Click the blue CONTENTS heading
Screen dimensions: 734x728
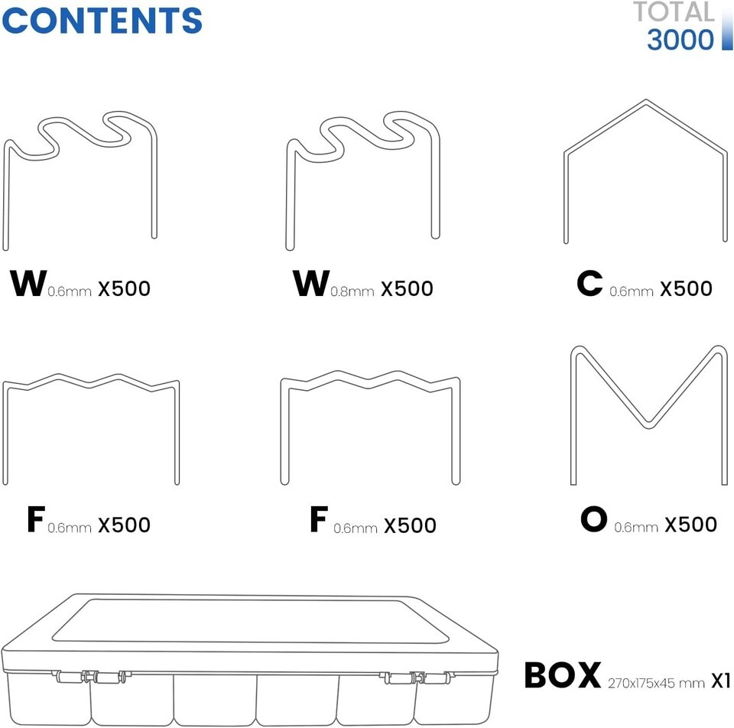[x=102, y=21]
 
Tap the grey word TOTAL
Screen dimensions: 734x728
[x=674, y=11]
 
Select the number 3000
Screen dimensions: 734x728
[x=680, y=40]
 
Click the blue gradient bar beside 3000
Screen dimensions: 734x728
[x=727, y=30]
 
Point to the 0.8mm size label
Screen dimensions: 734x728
[x=352, y=291]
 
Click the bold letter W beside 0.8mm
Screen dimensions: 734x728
[x=311, y=284]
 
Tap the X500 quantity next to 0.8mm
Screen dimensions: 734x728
[x=407, y=288]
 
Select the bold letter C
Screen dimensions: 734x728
[x=589, y=284]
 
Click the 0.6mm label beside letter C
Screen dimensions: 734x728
[x=631, y=291]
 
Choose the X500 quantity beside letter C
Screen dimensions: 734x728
[x=687, y=288]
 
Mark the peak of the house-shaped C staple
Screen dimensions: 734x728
[x=647, y=100]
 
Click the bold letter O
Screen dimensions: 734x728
[x=593, y=519]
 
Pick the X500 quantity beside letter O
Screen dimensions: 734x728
[x=691, y=525]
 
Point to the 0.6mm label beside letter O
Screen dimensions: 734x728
[x=635, y=528]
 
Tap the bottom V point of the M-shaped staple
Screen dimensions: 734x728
[x=648, y=427]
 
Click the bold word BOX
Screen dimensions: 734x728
[x=563, y=675]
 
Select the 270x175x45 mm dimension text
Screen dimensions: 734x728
[x=656, y=683]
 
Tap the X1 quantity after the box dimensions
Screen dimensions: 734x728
[x=721, y=681]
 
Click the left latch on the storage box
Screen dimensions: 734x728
[x=91, y=677]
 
